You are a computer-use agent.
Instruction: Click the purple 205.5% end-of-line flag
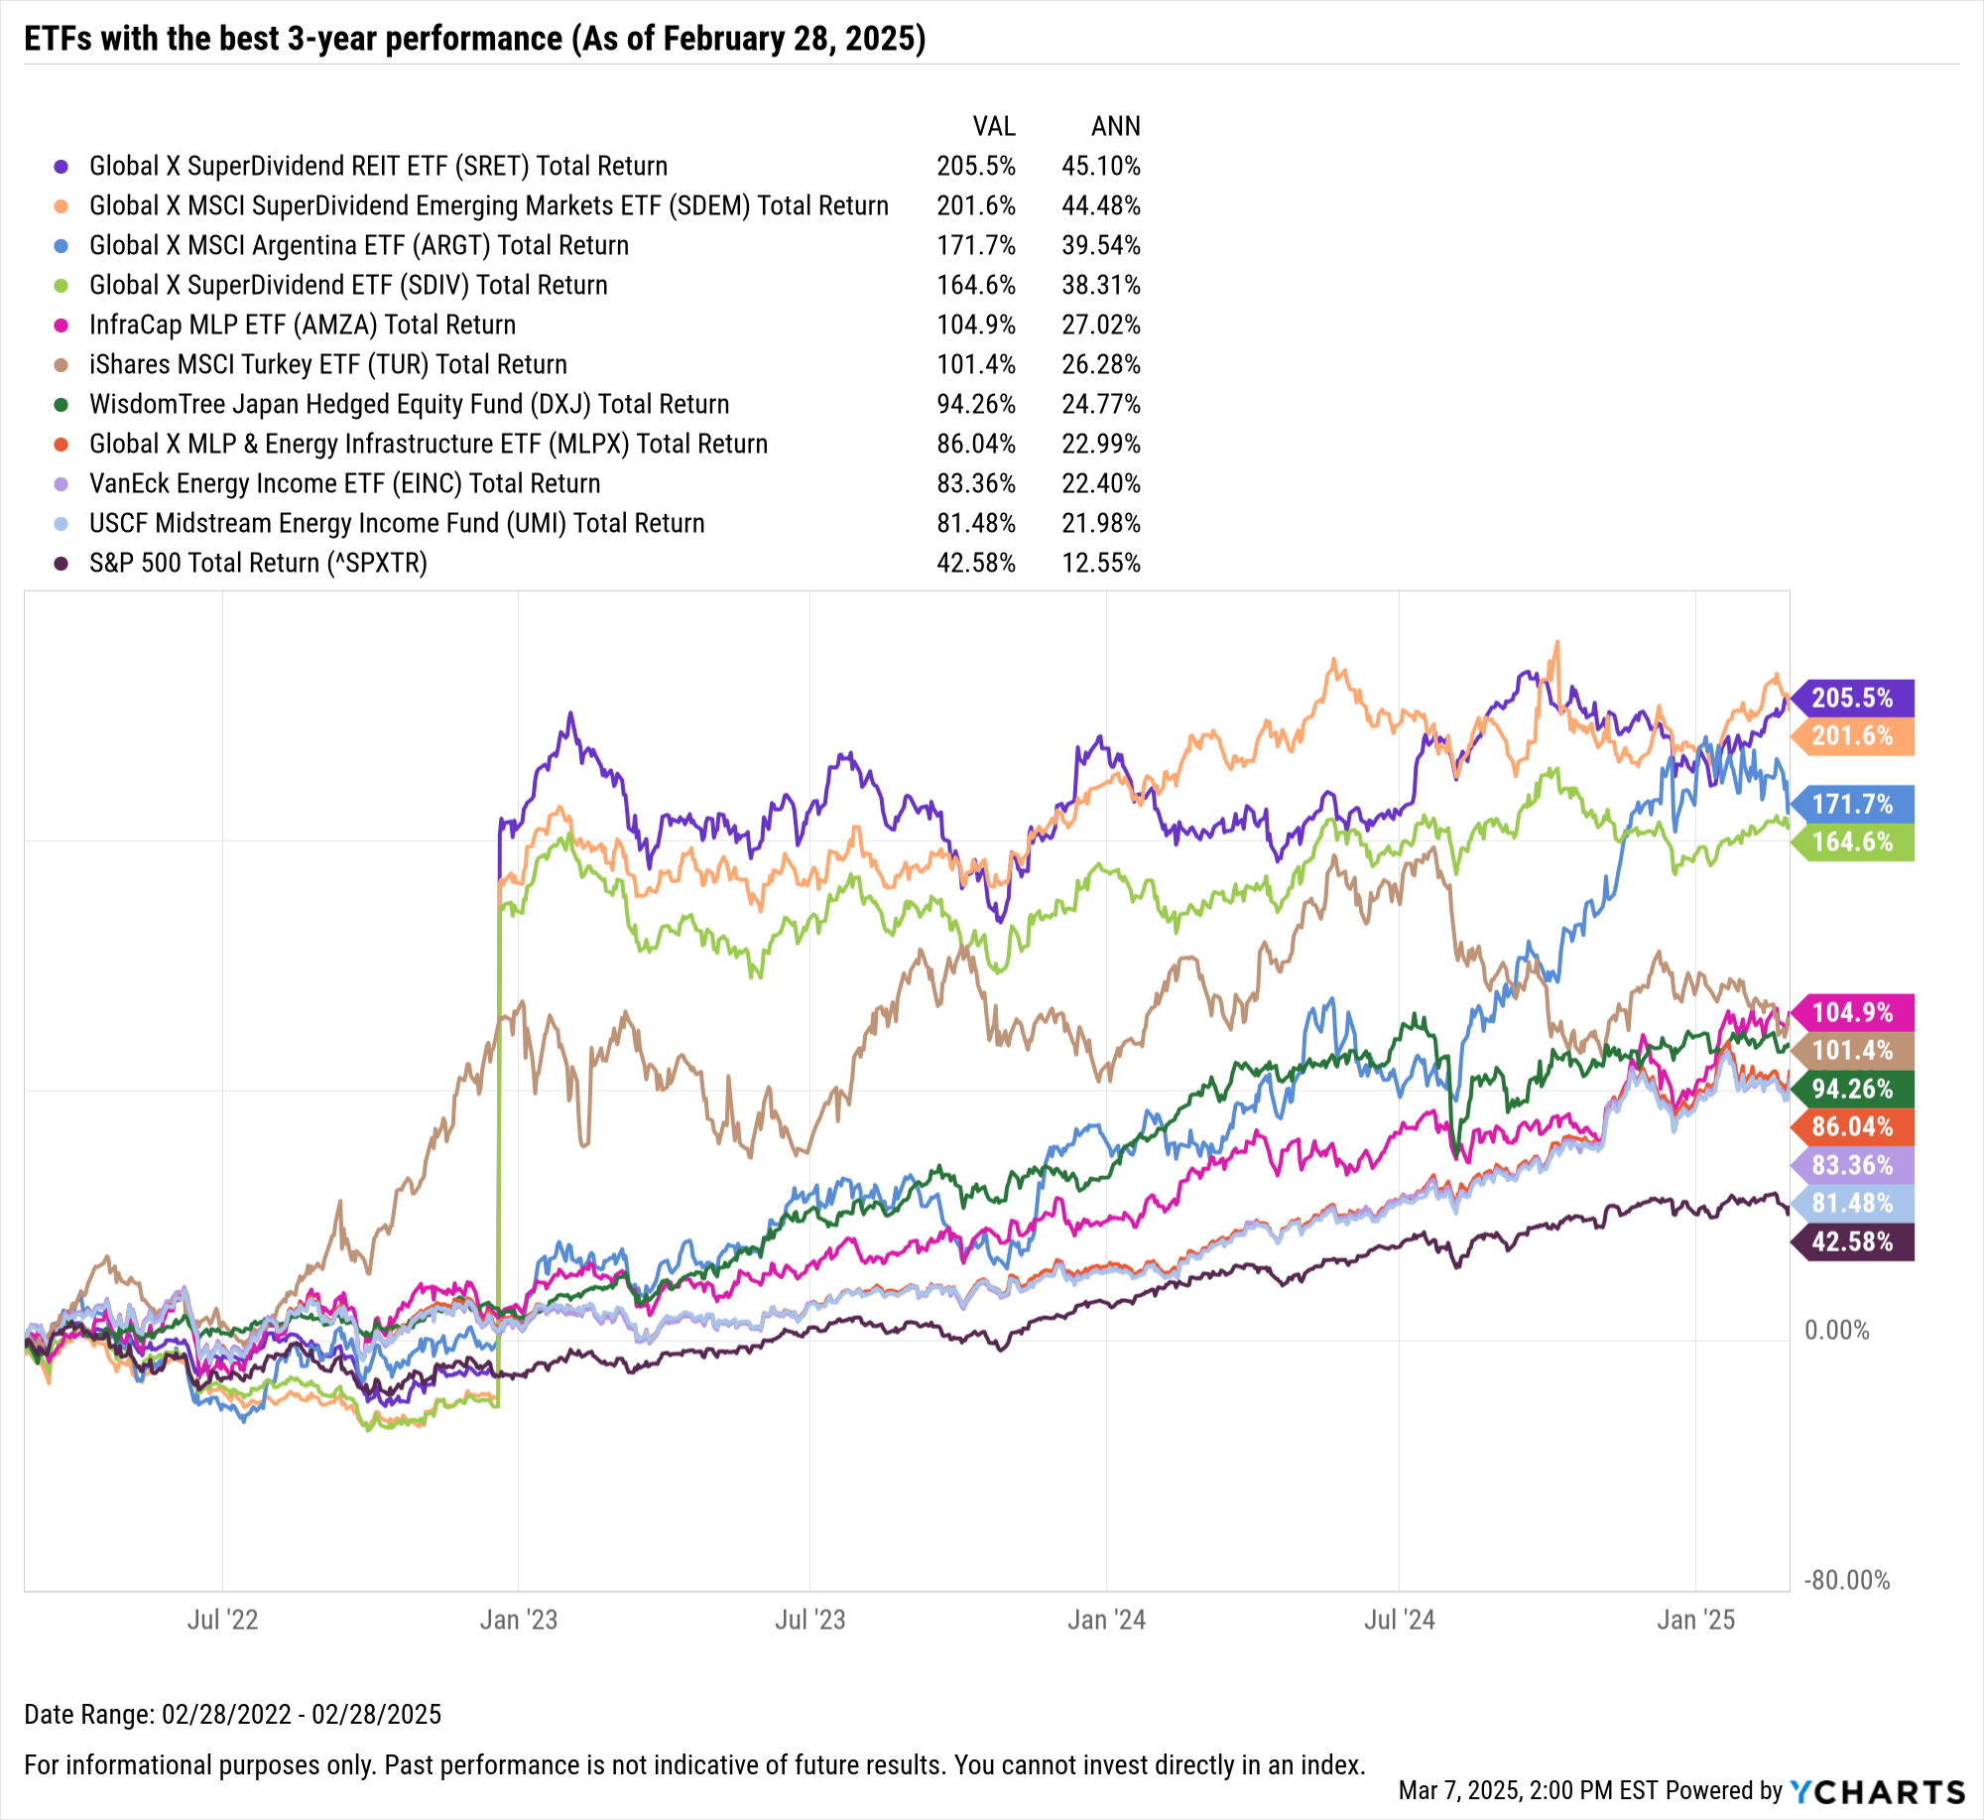point(1851,698)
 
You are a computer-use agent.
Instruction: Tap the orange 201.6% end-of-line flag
point(1851,736)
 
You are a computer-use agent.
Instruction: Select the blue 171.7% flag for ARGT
point(1851,804)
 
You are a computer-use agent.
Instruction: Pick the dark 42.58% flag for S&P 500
point(1851,1241)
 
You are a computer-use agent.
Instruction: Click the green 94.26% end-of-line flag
point(1851,1089)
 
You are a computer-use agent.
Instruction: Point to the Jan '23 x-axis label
point(518,1620)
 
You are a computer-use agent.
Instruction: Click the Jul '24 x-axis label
point(1399,1620)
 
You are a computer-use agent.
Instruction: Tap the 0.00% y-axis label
point(1836,1330)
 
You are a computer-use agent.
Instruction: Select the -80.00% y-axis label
point(1846,1580)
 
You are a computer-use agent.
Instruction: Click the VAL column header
point(993,126)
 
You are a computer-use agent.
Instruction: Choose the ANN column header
point(1115,126)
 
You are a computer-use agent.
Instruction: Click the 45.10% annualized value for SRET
point(1100,166)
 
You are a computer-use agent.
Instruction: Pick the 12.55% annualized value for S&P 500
point(1100,563)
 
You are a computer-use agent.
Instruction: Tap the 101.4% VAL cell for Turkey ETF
point(975,364)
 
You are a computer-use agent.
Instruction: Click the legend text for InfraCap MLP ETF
point(303,325)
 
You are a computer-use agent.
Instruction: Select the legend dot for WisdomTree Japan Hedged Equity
point(62,404)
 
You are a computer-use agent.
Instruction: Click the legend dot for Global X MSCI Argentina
point(62,245)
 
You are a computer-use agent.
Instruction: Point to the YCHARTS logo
point(1877,1791)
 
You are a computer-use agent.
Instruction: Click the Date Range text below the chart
point(232,1714)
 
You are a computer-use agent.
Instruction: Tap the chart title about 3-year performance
point(474,39)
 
